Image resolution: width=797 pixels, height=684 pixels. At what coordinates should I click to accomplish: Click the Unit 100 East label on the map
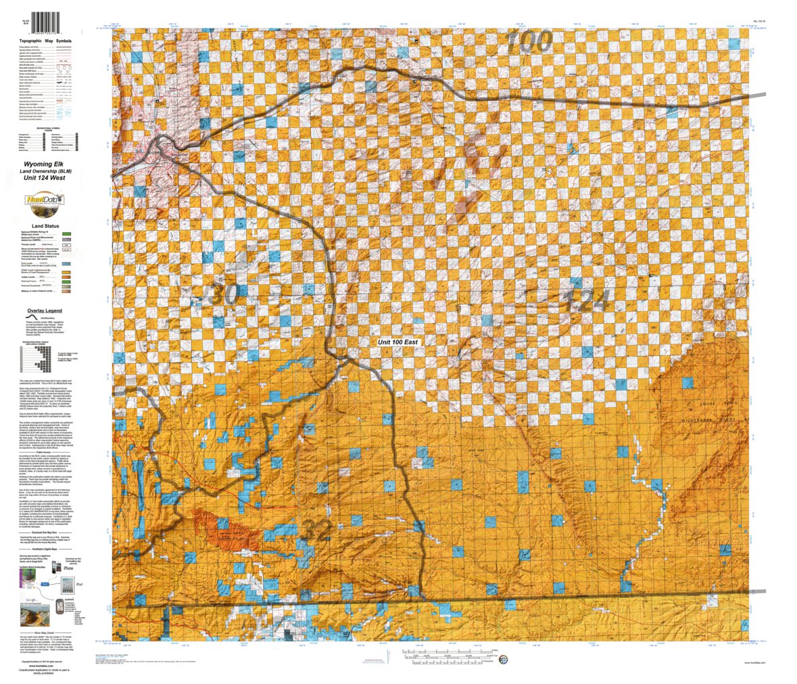coord(398,342)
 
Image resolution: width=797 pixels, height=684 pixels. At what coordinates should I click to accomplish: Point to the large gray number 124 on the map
coord(585,299)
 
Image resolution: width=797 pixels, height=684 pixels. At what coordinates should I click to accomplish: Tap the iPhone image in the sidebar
coord(68,567)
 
